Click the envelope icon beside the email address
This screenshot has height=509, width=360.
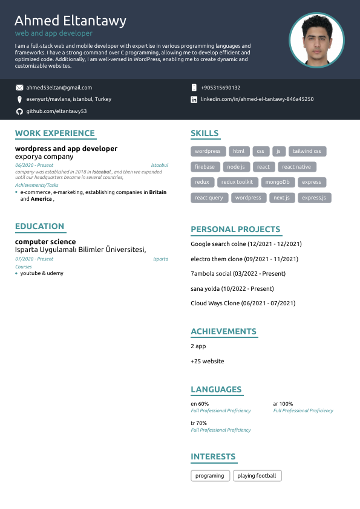[19, 88]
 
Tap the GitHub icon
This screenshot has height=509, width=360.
[19, 112]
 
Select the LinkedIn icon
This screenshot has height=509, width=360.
[194, 99]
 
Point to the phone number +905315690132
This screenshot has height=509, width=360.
[220, 88]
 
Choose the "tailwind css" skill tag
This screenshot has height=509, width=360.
[307, 151]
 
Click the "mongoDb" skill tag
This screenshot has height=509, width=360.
[278, 182]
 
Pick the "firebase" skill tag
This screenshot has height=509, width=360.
[205, 167]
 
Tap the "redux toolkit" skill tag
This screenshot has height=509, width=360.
[237, 182]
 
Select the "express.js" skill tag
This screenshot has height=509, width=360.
[314, 198]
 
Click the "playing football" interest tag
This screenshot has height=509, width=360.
[257, 476]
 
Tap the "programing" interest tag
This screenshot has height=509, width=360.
[210, 476]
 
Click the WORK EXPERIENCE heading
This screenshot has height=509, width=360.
[55, 134]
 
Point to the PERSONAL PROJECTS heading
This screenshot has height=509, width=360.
[235, 229]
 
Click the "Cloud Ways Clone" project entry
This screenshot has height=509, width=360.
[243, 303]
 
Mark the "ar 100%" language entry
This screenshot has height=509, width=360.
[283, 404]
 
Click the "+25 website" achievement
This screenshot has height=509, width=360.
[208, 361]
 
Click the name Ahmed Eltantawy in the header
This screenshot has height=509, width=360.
[70, 21]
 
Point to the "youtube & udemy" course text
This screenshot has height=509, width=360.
[42, 273]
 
